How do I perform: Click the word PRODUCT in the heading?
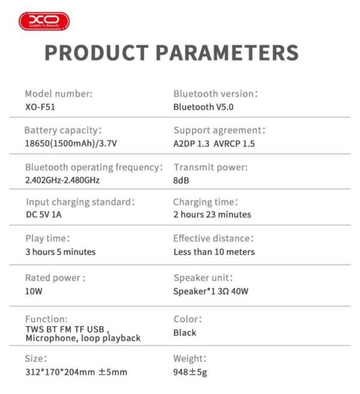(98, 52)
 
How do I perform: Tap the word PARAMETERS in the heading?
(229, 52)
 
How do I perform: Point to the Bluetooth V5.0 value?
(203, 107)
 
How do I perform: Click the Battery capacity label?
(63, 130)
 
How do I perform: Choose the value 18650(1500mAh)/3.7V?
(71, 144)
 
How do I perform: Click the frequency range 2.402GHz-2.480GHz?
(62, 180)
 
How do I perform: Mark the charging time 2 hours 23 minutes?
(212, 214)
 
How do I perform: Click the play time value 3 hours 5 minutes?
(60, 252)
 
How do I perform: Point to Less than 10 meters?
(214, 252)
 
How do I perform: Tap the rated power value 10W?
(34, 291)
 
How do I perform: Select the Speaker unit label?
(203, 277)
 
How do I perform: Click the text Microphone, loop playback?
(83, 338)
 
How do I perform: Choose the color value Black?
(185, 332)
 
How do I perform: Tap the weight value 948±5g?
(190, 372)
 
